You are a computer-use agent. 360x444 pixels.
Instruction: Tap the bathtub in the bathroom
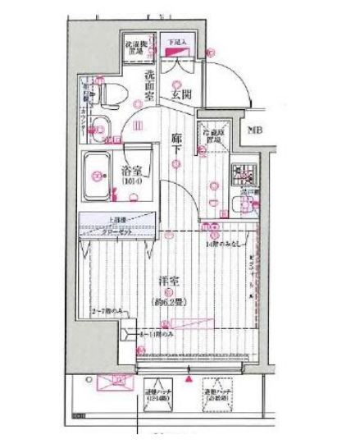click(98, 174)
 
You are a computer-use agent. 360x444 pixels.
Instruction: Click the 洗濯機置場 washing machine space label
click(136, 46)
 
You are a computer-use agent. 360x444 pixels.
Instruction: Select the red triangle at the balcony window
click(190, 380)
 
